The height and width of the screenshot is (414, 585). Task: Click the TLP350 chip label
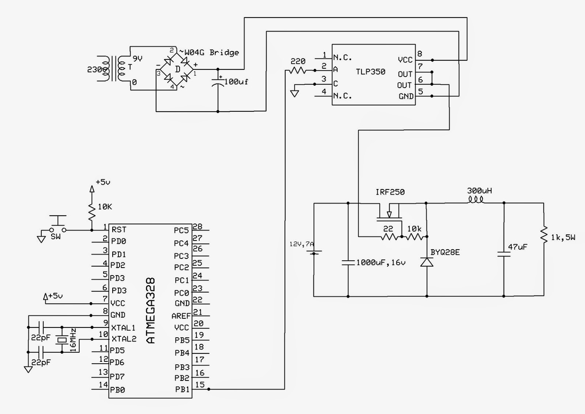coord(370,72)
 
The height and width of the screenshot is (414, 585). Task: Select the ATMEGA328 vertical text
coord(151,310)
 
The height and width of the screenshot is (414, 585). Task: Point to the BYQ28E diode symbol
coord(427,262)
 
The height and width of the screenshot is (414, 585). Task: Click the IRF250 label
coord(390,192)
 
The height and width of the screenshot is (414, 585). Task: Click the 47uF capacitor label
coord(517,247)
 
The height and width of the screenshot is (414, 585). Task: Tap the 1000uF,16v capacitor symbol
coord(348,262)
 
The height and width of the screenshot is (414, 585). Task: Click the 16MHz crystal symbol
coord(62,340)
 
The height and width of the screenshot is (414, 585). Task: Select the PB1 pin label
coord(182,390)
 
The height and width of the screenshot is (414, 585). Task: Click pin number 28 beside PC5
coord(197,227)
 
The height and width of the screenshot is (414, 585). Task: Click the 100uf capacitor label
coord(236,82)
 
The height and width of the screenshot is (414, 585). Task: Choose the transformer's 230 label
coord(94,69)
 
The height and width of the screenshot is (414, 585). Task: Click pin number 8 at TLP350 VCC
coord(420,54)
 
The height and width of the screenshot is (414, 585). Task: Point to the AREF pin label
coord(181,316)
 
